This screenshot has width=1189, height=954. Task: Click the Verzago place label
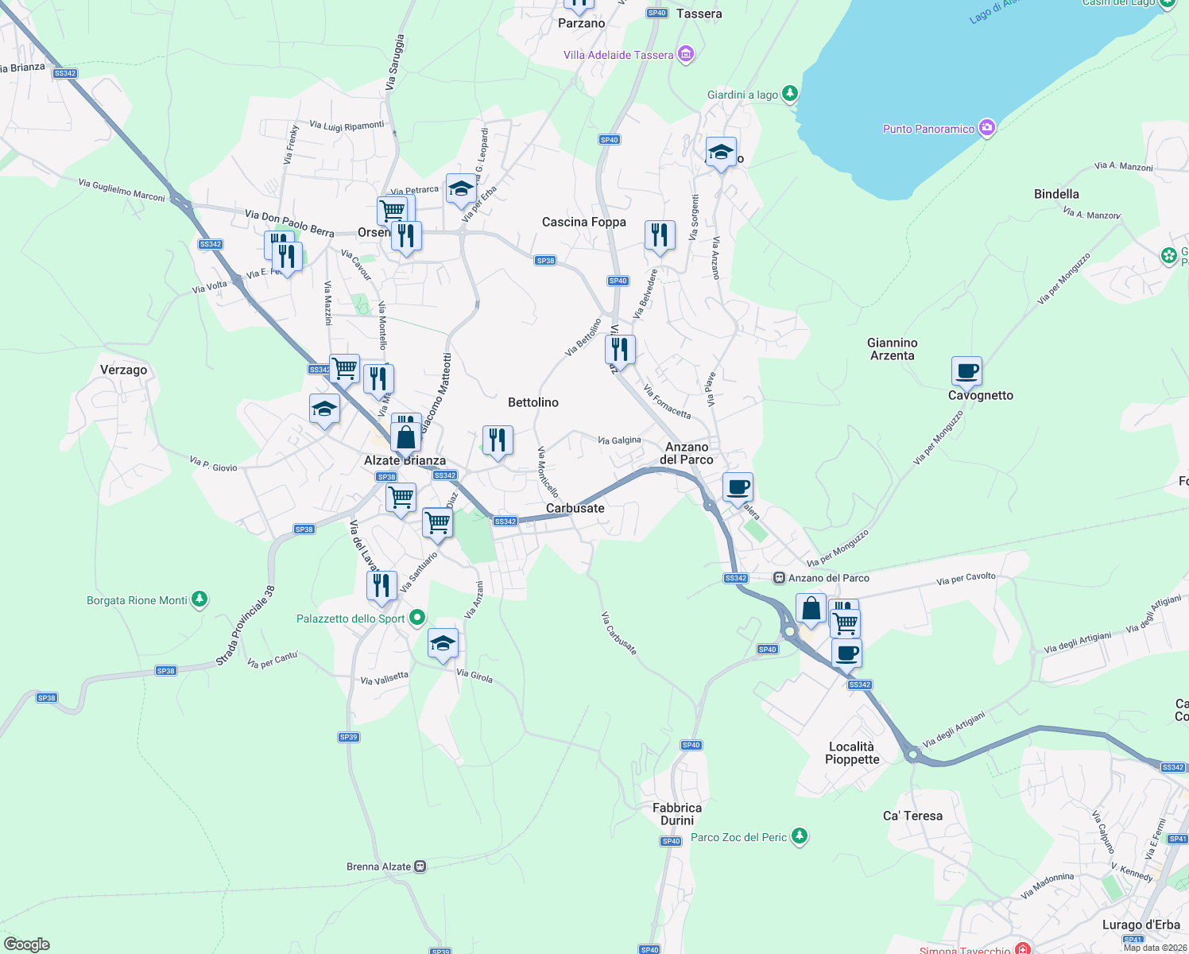click(123, 370)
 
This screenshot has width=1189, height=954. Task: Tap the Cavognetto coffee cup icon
click(966, 370)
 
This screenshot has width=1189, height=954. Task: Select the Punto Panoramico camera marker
click(987, 128)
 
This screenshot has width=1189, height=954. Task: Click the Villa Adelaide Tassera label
click(618, 55)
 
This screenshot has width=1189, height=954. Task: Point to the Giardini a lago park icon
click(789, 94)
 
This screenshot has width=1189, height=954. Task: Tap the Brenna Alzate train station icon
click(420, 867)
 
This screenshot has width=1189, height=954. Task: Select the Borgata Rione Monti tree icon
click(199, 599)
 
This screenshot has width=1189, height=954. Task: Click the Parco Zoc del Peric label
click(738, 837)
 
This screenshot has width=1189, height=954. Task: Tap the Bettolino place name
click(533, 402)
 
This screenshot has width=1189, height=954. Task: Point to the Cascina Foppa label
click(583, 222)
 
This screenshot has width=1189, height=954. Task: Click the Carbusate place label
click(575, 508)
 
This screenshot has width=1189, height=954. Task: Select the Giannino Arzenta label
click(892, 349)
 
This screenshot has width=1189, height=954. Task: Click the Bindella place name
click(1056, 194)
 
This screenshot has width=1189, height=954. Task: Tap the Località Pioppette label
click(851, 753)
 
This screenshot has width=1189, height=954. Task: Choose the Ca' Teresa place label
click(912, 816)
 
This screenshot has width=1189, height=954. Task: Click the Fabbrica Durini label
click(676, 814)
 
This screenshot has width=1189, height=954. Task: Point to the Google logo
click(27, 944)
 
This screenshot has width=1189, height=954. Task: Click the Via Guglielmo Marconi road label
click(122, 190)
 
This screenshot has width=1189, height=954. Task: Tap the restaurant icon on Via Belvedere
click(660, 235)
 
